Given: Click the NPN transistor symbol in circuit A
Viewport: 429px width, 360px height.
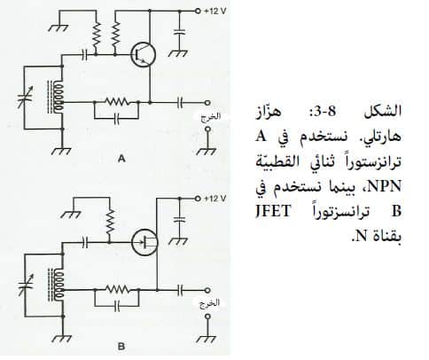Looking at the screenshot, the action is tap(144, 55).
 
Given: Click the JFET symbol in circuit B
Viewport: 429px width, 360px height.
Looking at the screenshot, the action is tap(144, 243).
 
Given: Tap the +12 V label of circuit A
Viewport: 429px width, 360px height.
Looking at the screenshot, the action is tap(214, 12).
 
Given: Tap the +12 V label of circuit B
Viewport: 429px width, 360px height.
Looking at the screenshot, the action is tap(214, 199).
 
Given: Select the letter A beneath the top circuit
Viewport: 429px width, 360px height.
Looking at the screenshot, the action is tap(121, 159).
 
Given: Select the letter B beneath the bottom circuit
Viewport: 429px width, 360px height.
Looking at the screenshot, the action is tap(121, 347).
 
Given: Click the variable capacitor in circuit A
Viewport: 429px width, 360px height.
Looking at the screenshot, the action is tap(26, 98).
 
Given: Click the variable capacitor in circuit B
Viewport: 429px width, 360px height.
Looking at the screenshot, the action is tap(26, 286).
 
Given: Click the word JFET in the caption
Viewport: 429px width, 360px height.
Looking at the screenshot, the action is tap(273, 212).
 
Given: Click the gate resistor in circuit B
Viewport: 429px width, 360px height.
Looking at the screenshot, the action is tap(110, 223).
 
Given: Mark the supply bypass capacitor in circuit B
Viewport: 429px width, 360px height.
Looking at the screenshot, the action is tap(179, 219).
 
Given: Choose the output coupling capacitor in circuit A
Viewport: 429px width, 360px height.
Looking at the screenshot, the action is tap(180, 103).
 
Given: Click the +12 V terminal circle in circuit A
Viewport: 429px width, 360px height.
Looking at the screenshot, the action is tap(199, 11).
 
